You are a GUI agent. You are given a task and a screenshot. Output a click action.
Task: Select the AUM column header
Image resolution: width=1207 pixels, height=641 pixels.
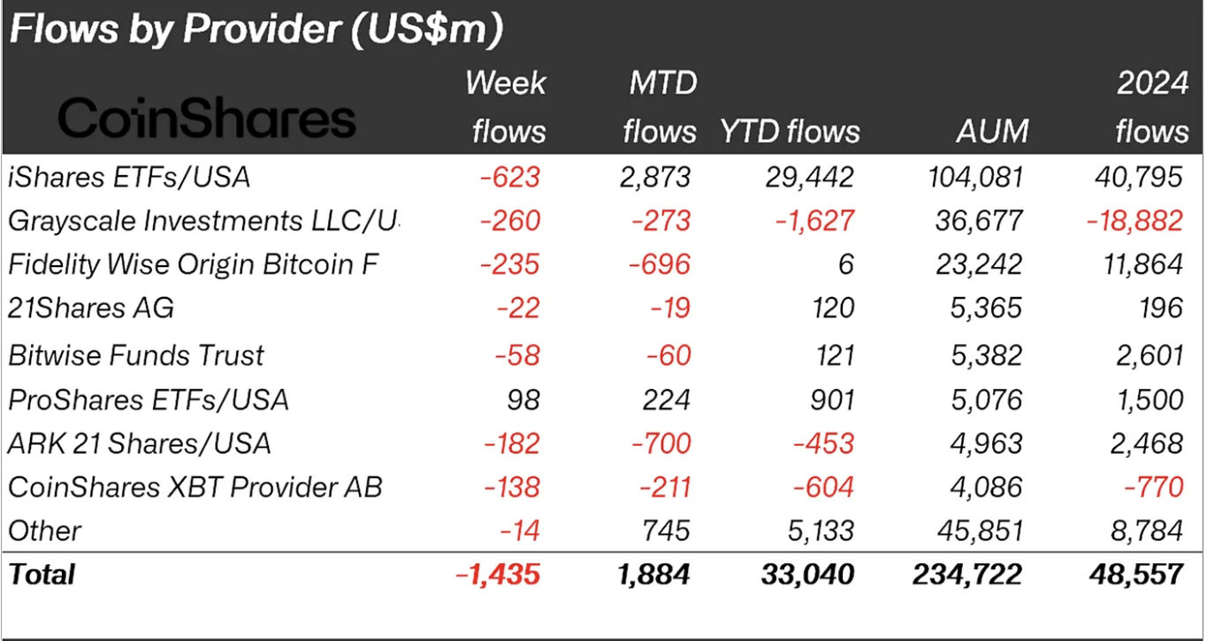(992, 132)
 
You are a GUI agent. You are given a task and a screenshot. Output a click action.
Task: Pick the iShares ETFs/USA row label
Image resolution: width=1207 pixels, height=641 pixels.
(129, 177)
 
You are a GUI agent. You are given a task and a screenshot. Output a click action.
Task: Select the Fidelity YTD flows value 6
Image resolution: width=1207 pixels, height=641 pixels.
(845, 263)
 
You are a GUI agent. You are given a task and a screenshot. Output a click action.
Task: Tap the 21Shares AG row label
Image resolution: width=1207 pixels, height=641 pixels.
(91, 308)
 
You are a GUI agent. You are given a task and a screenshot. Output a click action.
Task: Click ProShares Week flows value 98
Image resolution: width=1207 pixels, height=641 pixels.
(523, 399)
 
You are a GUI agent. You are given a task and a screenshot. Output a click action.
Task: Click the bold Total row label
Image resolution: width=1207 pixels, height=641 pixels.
(42, 575)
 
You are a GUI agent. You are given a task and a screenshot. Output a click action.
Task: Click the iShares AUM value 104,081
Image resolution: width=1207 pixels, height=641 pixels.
(972, 177)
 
